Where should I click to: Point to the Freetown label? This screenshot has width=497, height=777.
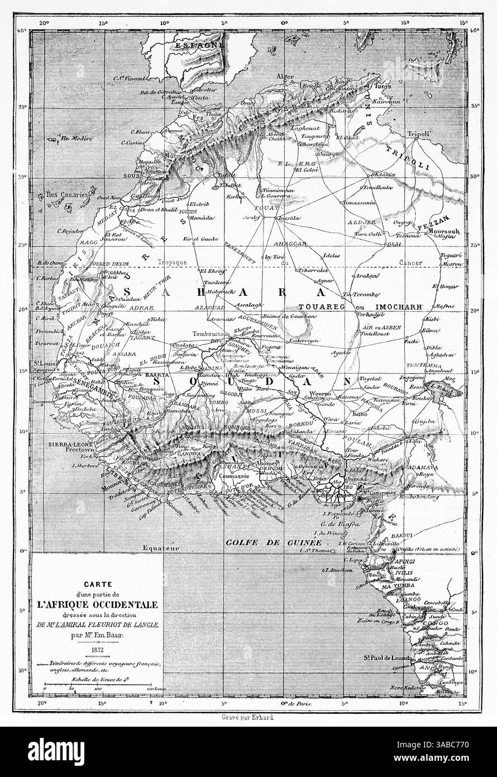(83, 448)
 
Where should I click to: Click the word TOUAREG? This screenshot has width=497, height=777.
(321, 306)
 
